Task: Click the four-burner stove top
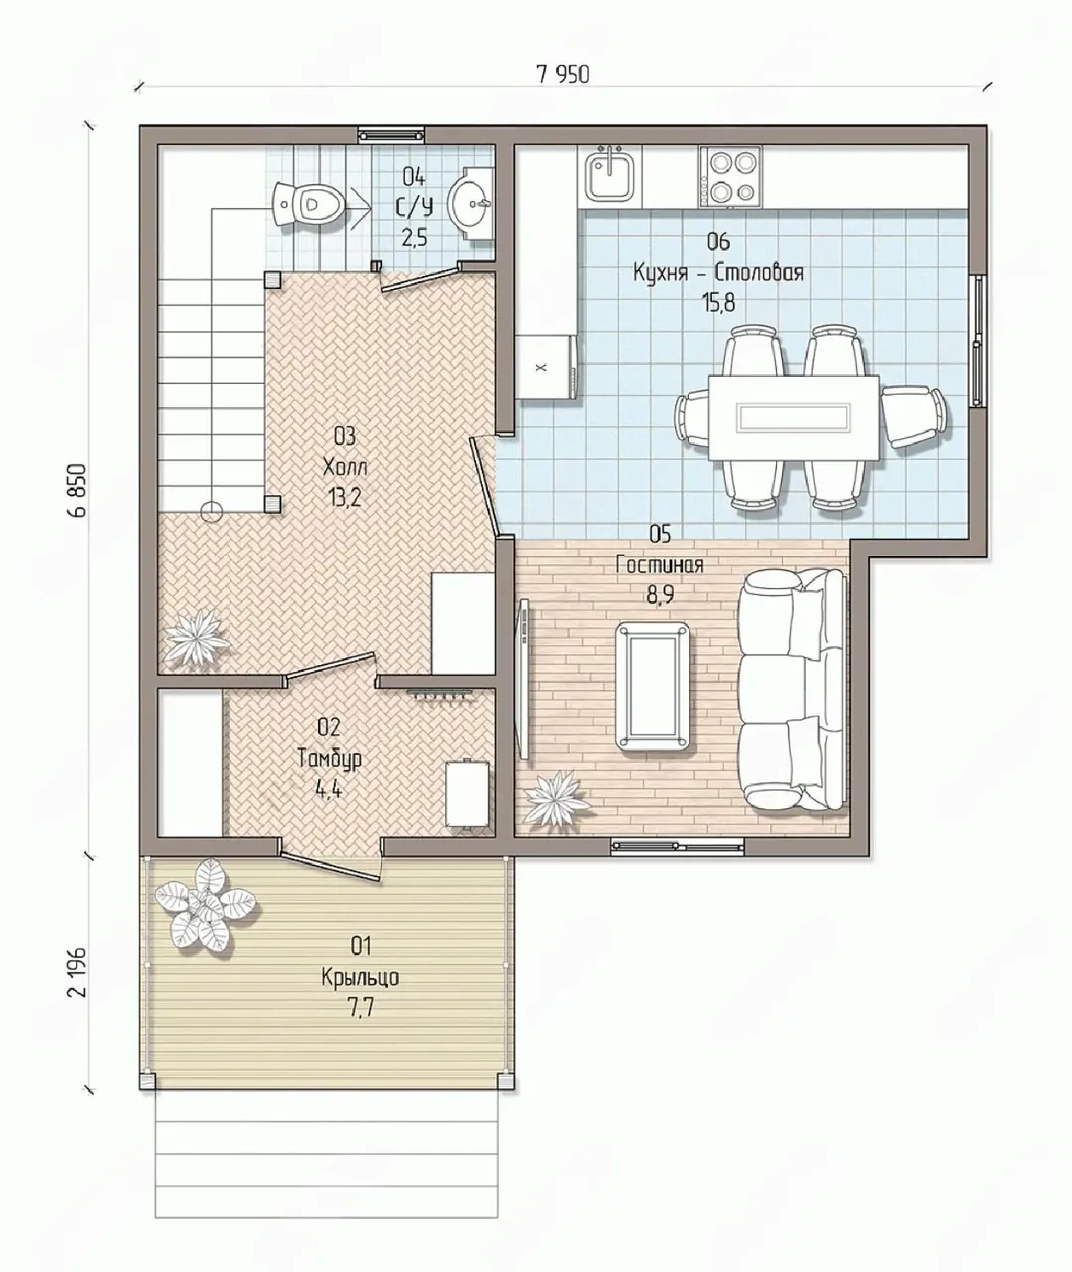pos(730,176)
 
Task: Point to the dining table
pos(794,417)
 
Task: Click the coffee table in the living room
pos(654,686)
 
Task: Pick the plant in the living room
pos(556,797)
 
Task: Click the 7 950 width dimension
pos(563,75)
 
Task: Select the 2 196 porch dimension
pos(78,972)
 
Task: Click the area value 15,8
pos(719,303)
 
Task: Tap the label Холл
pos(345,468)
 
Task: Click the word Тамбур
pos(329,759)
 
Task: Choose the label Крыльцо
pos(361,977)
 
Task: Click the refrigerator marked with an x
pos(546,367)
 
